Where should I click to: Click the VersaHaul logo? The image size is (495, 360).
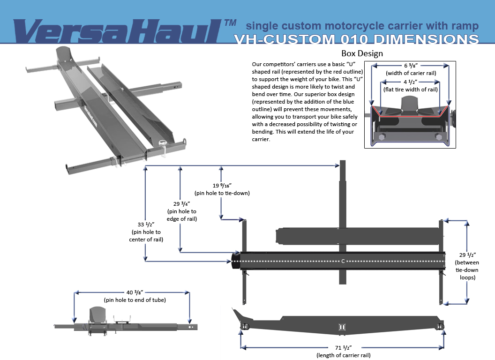point(117,31)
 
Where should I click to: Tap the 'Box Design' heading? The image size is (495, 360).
point(362,53)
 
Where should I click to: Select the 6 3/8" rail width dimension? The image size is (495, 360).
point(411,66)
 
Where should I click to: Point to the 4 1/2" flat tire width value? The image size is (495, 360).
point(411,82)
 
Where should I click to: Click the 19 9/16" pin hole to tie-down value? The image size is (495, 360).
point(222,185)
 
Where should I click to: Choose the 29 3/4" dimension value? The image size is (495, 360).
point(181,204)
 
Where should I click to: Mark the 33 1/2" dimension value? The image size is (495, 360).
point(146,225)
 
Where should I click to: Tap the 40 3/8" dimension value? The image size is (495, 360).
point(135,292)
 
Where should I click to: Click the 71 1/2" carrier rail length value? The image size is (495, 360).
point(344,348)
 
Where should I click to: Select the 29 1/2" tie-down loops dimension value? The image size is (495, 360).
point(467,255)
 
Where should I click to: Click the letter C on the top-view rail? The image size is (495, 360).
point(343,262)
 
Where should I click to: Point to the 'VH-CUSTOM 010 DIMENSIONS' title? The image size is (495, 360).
point(356,39)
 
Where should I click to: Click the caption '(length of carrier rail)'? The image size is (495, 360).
point(344,355)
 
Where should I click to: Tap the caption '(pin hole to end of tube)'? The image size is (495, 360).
point(135,300)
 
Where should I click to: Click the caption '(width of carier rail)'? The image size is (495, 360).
point(411,73)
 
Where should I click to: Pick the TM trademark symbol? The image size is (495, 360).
point(231,23)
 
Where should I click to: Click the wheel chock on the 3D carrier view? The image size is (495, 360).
point(66,55)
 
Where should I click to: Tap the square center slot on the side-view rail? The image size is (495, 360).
point(342,327)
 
